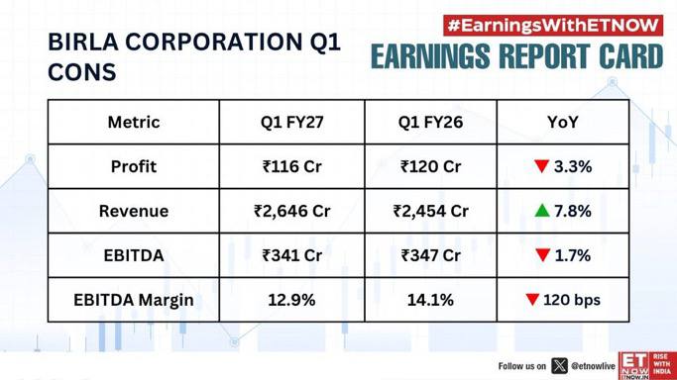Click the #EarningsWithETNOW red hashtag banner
[x=553, y=26]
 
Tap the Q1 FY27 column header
[x=291, y=123]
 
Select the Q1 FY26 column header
[x=430, y=123]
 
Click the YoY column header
[x=563, y=123]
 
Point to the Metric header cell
[x=134, y=123]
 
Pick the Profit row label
[x=134, y=166]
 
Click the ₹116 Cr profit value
[x=291, y=166]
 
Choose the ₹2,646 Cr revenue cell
[x=291, y=211]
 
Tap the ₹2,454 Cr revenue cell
[x=430, y=211]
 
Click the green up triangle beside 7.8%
[x=542, y=210]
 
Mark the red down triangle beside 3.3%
[x=541, y=166]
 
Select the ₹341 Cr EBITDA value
[x=291, y=255]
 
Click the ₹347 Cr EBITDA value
[x=430, y=255]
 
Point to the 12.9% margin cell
[x=291, y=300]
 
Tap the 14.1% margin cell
[x=430, y=300]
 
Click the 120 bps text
[x=572, y=300]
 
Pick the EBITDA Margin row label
[x=134, y=300]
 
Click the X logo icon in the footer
[x=560, y=366]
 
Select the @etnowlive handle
[x=593, y=366]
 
